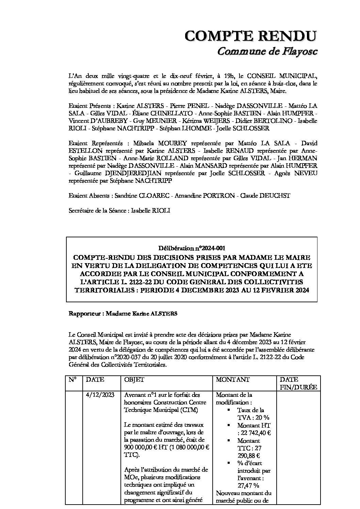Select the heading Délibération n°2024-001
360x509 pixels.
point(192,248)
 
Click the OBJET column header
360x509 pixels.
point(134,379)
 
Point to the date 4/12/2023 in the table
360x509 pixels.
point(100,395)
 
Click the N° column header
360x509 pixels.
point(72,379)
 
